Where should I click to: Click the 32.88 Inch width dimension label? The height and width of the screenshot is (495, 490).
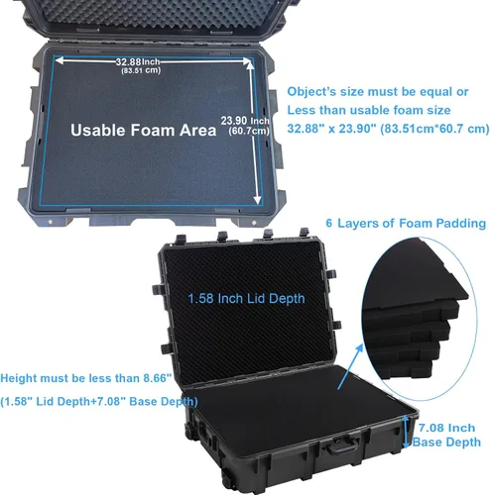point(138,61)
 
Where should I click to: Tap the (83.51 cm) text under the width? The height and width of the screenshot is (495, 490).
point(141,70)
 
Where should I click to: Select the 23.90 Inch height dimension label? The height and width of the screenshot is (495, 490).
point(245,121)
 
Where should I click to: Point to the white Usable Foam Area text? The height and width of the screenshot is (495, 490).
point(144,130)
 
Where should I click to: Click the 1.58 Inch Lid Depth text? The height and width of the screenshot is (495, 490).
point(246,299)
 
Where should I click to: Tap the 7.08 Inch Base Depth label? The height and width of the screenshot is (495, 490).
point(446,435)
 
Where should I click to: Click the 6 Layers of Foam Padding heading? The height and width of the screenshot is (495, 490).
point(406,223)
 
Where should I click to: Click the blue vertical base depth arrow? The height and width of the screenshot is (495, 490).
point(406,432)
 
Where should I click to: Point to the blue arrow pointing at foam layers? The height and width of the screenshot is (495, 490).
point(350,366)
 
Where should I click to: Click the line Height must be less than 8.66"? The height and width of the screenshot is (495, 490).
point(86,378)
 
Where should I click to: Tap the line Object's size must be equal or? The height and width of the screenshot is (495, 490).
point(378,92)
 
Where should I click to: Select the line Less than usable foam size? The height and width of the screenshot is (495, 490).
point(369,110)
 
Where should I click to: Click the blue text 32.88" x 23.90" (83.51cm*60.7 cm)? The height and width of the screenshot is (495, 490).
point(388,129)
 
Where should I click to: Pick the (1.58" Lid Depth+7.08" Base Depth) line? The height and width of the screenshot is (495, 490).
point(99,402)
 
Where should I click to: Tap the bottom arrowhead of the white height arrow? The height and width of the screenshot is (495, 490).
point(257,200)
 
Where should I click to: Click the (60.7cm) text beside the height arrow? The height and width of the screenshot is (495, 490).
point(249,131)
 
